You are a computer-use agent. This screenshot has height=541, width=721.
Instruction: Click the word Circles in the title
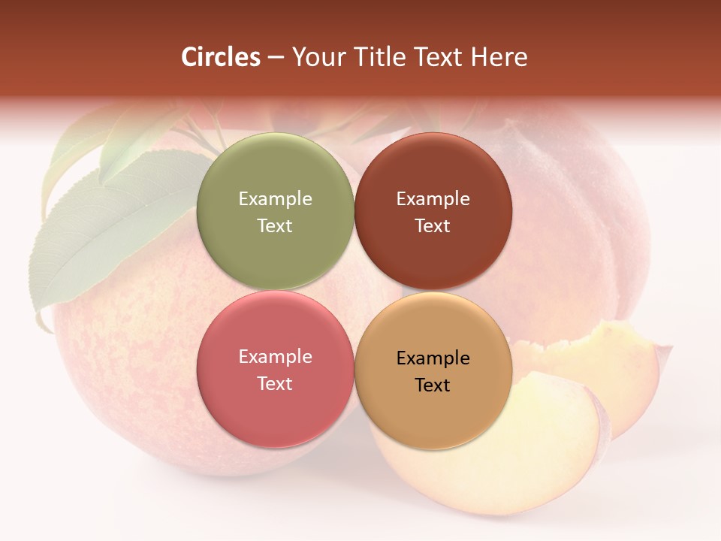coord(221,57)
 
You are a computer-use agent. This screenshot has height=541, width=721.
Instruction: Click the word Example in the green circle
coord(275,198)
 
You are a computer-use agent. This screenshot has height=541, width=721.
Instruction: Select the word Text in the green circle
coord(275,225)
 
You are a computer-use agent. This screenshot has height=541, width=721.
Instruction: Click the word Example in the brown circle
coord(433,198)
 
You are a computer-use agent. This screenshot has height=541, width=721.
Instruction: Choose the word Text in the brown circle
coord(433,225)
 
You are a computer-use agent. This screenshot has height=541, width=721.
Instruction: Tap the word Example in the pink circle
coord(275,356)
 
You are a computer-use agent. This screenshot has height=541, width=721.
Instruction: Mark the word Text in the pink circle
coord(275,383)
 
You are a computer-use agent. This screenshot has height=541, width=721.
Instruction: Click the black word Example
coord(433,358)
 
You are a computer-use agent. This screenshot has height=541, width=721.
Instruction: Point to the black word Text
coord(433,385)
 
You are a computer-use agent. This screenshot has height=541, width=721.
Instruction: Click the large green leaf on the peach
coord(113,233)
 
